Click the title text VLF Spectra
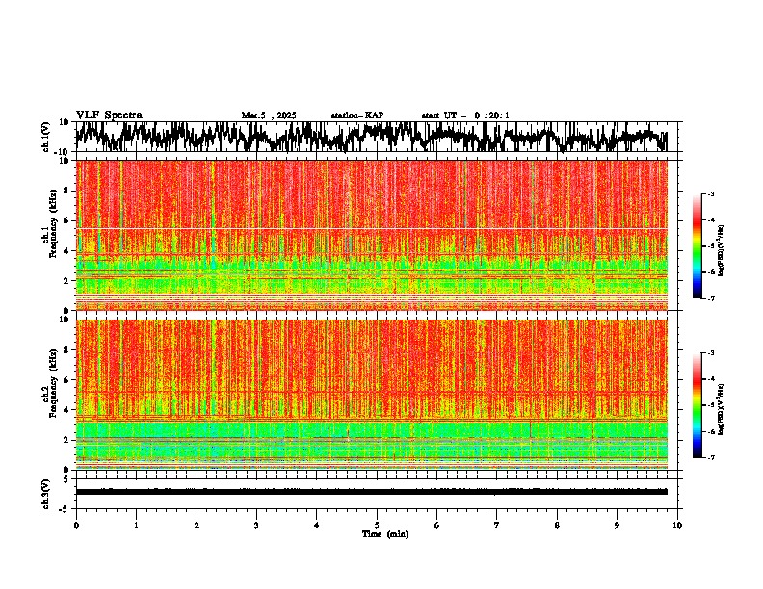(109, 115)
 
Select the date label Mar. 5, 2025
(269, 115)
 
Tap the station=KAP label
(357, 115)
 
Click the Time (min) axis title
(383, 533)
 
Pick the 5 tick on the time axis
(377, 525)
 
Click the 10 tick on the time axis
(677, 525)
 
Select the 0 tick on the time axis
(76, 525)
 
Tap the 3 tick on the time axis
(256, 525)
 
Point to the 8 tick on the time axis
(557, 525)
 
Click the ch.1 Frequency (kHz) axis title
(48, 235)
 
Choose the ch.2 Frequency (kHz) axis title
(48, 394)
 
